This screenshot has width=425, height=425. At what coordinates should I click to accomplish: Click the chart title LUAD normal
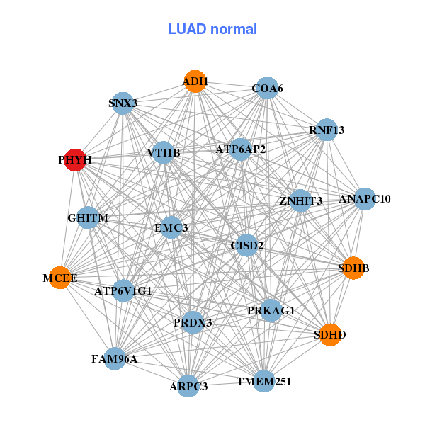[x=212, y=29]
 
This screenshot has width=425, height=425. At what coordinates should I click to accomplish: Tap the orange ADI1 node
[x=195, y=81]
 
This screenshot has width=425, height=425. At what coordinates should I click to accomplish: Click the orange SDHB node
[x=353, y=268]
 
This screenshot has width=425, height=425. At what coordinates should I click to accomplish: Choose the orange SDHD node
[x=330, y=334]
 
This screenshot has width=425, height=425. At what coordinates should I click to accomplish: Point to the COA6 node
[x=266, y=89]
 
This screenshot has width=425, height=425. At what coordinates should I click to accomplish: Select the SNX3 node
[x=123, y=103]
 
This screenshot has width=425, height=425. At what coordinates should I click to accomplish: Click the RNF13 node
[x=326, y=130]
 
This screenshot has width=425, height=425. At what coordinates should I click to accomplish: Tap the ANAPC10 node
[x=365, y=199]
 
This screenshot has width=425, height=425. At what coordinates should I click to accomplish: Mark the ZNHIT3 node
[x=300, y=201]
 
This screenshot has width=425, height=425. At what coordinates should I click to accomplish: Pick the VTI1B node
[x=164, y=152]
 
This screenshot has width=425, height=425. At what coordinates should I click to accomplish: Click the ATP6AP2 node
[x=241, y=149]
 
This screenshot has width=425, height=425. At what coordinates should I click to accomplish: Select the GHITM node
[x=89, y=218]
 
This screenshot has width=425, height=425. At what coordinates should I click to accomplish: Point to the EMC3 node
[x=171, y=227]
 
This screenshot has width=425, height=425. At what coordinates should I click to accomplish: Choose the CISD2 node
[x=246, y=246]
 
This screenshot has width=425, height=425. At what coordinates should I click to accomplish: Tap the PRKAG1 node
[x=271, y=310]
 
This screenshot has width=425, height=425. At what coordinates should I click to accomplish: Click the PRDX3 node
[x=193, y=322]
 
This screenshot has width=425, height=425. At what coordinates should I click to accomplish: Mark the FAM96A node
[x=115, y=358]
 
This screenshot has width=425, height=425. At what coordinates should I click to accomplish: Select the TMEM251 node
[x=263, y=382]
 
